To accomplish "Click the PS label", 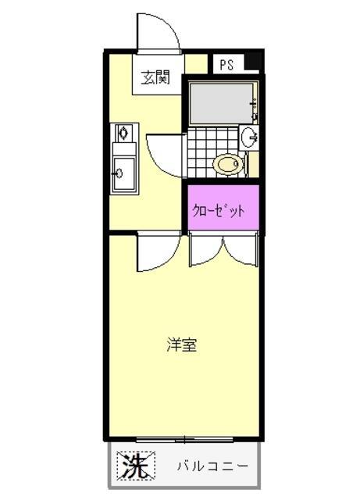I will (x=226, y=66).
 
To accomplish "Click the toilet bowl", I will (x=227, y=164).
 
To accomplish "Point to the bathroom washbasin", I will (x=251, y=137).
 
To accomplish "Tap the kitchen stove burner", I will (x=122, y=134).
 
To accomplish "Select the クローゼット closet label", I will (x=220, y=209).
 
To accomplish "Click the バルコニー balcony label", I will (x=211, y=466).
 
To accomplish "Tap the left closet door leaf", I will (x=205, y=250).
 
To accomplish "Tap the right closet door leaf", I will (x=240, y=250).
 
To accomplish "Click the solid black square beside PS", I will (x=251, y=63).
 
